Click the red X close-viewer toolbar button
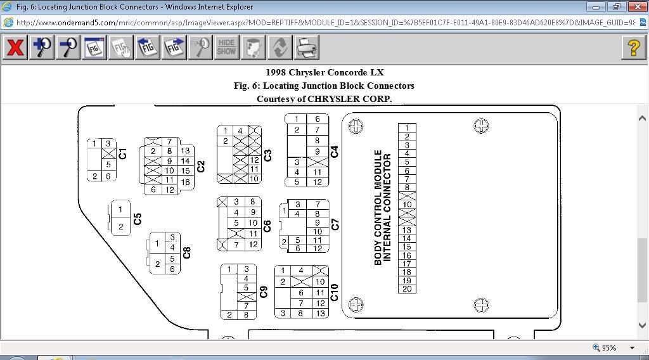tap(15, 48)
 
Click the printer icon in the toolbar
tap(307, 48)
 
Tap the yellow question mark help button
tap(634, 48)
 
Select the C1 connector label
tap(123, 153)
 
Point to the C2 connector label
tap(201, 166)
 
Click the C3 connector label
tap(267, 155)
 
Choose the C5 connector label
tap(138, 218)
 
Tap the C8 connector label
tap(187, 252)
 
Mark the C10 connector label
tap(335, 292)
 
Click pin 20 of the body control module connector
tap(407, 289)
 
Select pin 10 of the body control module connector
tap(407, 205)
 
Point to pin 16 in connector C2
tap(185, 182)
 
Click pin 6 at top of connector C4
tap(318, 119)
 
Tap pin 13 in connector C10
tap(320, 313)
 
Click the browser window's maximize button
tap(616, 7)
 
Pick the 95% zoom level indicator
tap(609, 347)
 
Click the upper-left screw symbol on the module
tap(356, 126)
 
